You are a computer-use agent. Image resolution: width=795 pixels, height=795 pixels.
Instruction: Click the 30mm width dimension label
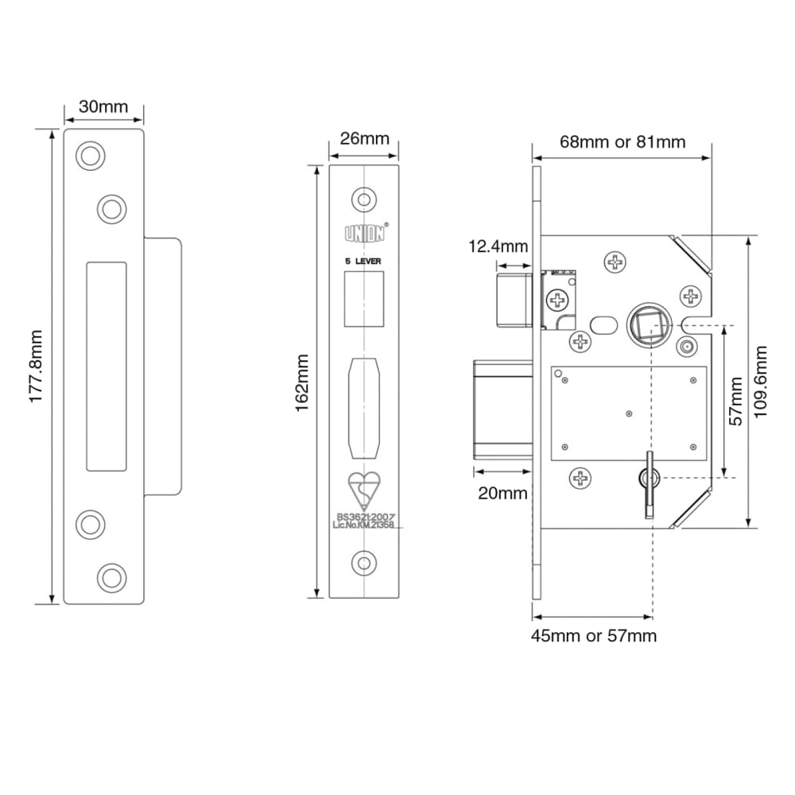click(x=103, y=107)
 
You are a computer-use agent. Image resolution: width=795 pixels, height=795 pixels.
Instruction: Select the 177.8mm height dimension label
click(x=37, y=366)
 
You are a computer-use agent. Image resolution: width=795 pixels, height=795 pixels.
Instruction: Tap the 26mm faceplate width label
click(x=364, y=138)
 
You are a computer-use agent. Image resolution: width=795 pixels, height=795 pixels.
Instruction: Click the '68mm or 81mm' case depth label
click(x=622, y=142)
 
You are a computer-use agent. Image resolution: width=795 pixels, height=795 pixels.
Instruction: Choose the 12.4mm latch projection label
click(x=497, y=246)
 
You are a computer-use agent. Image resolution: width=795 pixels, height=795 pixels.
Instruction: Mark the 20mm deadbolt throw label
click(x=502, y=493)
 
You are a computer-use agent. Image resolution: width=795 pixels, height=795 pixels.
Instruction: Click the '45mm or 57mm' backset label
click(x=595, y=636)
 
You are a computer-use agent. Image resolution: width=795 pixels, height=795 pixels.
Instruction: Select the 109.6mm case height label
click(x=762, y=382)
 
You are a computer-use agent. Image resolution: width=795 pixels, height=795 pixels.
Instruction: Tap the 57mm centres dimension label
click(x=737, y=401)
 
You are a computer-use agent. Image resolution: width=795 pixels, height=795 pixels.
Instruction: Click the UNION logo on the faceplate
click(x=364, y=234)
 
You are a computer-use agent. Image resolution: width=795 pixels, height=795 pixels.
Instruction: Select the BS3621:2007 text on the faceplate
click(x=364, y=517)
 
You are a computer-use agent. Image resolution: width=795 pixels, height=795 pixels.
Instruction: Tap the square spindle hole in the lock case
click(x=643, y=325)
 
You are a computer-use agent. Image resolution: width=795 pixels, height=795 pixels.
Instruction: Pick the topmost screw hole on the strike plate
click(x=91, y=155)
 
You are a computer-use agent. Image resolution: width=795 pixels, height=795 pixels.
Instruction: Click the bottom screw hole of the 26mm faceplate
click(x=364, y=562)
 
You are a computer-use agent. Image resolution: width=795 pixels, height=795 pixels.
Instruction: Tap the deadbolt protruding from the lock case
click(x=503, y=410)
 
